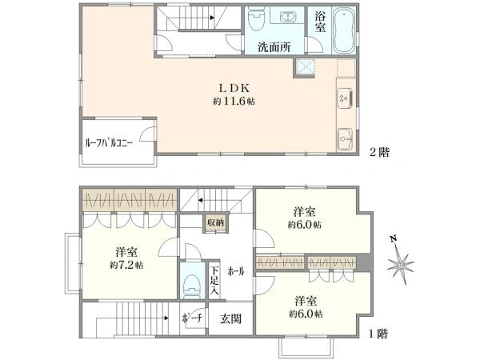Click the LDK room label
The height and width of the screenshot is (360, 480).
tap(234, 88)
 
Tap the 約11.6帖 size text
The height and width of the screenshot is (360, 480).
tap(234, 102)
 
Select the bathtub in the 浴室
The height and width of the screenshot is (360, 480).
tap(344, 30)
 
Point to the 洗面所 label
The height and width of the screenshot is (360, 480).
tap(274, 47)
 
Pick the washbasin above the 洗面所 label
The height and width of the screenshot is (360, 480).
tap(287, 18)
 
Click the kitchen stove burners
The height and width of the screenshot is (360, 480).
tap(345, 98)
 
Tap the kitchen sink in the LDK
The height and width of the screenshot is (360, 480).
tap(345, 139)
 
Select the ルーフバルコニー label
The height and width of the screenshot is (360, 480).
tap(109, 143)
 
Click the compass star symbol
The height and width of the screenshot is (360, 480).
tap(400, 263)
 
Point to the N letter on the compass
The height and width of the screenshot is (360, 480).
tap(393, 238)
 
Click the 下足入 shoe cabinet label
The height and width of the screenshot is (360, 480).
tap(214, 281)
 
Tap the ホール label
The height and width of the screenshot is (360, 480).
tap(235, 271)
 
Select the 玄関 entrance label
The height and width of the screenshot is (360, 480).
tap(231, 319)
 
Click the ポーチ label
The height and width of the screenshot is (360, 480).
tap(192, 318)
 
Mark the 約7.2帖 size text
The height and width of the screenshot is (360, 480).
tap(126, 265)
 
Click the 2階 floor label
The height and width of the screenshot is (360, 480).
tap(379, 152)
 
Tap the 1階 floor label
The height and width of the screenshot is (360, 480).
tap(378, 334)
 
